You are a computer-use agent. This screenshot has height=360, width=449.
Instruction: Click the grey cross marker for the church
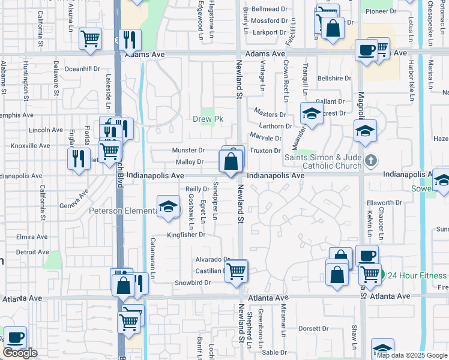pos(371,160)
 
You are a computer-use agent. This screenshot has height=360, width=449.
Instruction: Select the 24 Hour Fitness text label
pos(417,275)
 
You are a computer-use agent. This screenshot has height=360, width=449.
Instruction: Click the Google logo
pos(20,353)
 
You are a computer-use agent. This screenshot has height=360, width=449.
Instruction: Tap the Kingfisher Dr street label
pos(186,235)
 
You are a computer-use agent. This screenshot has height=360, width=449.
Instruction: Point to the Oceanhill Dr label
pos(82,69)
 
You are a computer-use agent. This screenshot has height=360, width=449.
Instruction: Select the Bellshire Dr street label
pos(334,79)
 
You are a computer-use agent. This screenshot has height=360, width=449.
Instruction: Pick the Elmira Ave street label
pos(32,237)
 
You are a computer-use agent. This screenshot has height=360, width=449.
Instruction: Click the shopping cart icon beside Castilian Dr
pos(237,270)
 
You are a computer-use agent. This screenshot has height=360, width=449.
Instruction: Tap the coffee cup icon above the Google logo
pos(16,338)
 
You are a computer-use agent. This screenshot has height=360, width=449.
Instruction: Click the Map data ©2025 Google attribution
pos(411,355)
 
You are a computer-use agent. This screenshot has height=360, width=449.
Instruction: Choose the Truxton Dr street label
pos(265,151)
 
